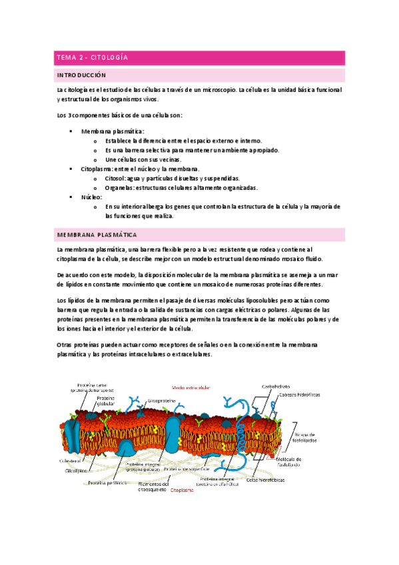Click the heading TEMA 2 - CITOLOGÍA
tap(92, 58)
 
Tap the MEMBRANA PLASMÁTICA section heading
tap(97, 235)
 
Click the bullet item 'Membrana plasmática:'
tap(112, 131)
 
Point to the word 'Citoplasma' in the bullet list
tap(96, 169)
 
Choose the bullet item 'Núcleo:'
tap(91, 197)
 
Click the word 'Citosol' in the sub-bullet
tap(115, 179)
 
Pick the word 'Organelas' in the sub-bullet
tap(120, 188)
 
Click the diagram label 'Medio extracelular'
tap(191, 386)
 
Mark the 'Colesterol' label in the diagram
tap(70, 460)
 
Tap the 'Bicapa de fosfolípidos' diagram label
tap(308, 437)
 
